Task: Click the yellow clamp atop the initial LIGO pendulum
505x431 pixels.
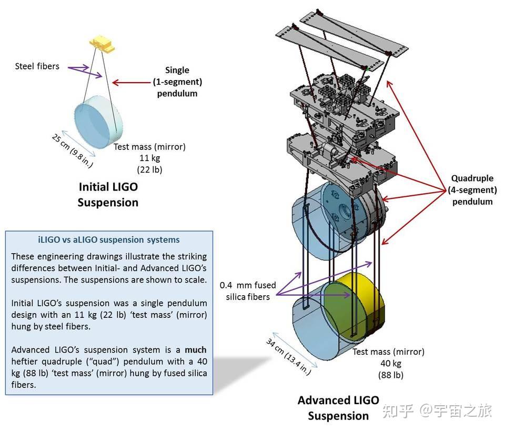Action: click(103, 44)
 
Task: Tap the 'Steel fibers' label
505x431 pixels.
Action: click(37, 66)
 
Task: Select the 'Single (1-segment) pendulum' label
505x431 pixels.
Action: click(177, 82)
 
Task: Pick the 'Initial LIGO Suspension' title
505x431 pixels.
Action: click(108, 194)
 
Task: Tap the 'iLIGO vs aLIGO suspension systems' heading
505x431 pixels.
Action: click(109, 240)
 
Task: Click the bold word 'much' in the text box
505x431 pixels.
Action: click(196, 349)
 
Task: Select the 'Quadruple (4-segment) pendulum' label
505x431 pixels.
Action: click(473, 189)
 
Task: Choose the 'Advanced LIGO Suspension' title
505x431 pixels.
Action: click(338, 408)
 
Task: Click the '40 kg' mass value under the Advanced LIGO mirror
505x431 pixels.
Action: click(388, 364)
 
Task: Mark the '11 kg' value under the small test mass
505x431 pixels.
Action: click(149, 158)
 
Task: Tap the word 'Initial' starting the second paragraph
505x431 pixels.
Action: click(24, 303)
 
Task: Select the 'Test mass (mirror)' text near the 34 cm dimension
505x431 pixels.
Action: click(388, 352)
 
